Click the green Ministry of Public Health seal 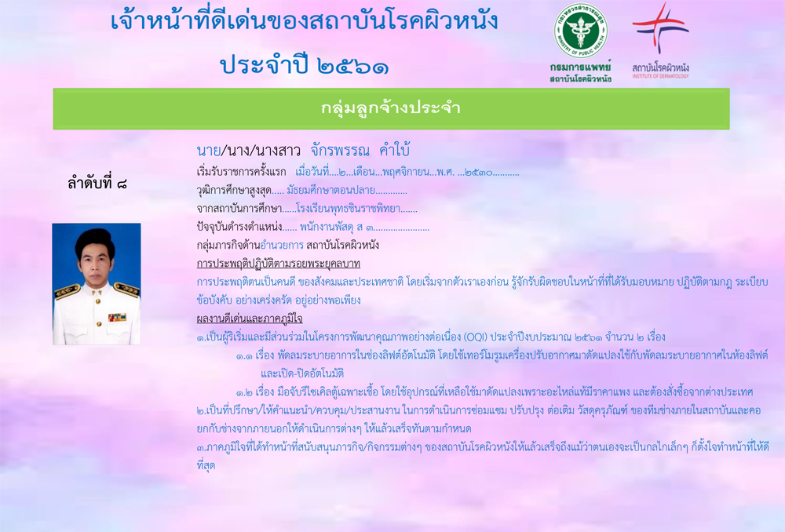pos(580,31)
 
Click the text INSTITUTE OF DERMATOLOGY pos(660,76)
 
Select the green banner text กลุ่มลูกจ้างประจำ pos(390,108)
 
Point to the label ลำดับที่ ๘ pos(97,183)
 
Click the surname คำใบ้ pos(395,150)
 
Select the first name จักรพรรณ pos(340,150)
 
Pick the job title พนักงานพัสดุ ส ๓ pos(337,228)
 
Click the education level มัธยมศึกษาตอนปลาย pos(331,190)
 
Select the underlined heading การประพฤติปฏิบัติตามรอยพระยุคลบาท pos(279,264)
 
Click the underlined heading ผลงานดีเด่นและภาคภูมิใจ pos(250,319)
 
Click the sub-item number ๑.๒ pos(244,392)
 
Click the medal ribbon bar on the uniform pos(117,317)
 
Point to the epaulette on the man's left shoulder pos(126,289)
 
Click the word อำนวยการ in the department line pos(282,246)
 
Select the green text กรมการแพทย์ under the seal pos(580,67)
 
